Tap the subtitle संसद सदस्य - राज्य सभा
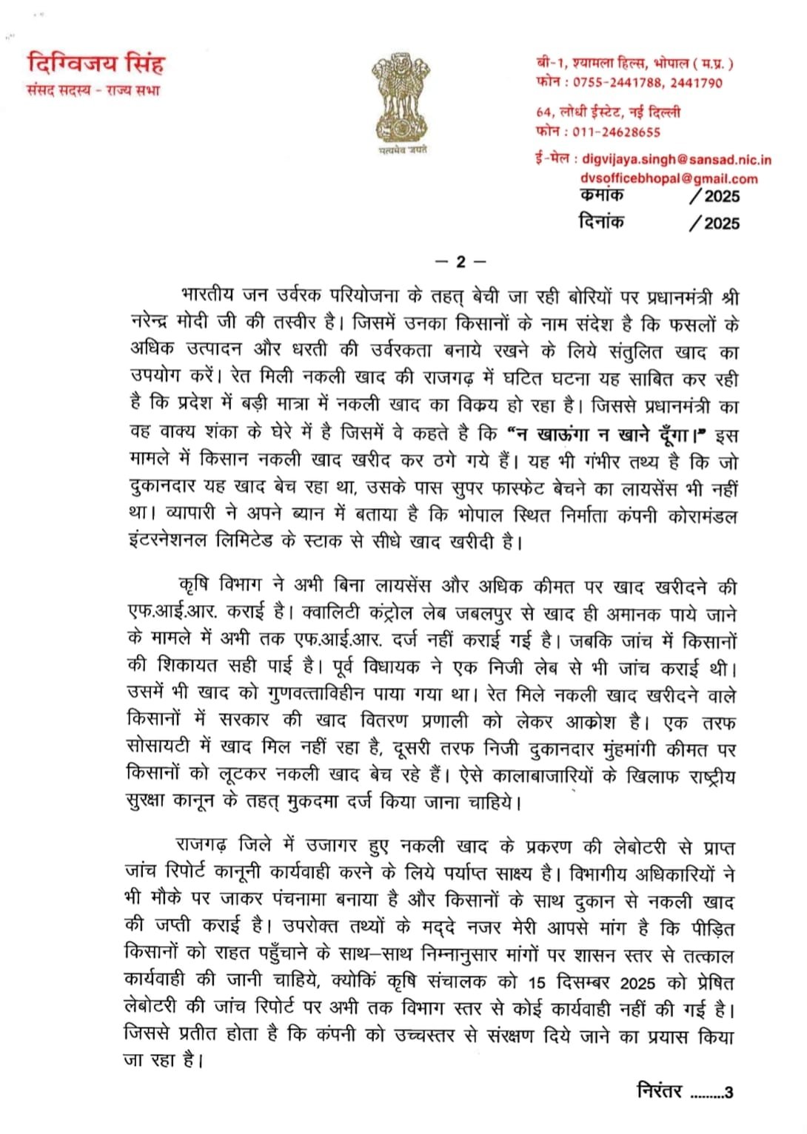coord(93,91)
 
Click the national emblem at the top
coord(401,95)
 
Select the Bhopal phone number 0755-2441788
coord(615,83)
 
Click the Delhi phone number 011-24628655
coord(616,132)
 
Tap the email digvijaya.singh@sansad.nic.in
coord(677,159)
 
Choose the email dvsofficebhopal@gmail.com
coord(669,178)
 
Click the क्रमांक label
coord(601,195)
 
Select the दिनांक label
coord(601,222)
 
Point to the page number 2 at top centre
coord(460,262)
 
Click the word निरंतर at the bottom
coord(660,1090)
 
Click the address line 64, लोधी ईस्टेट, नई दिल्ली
coord(608,112)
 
